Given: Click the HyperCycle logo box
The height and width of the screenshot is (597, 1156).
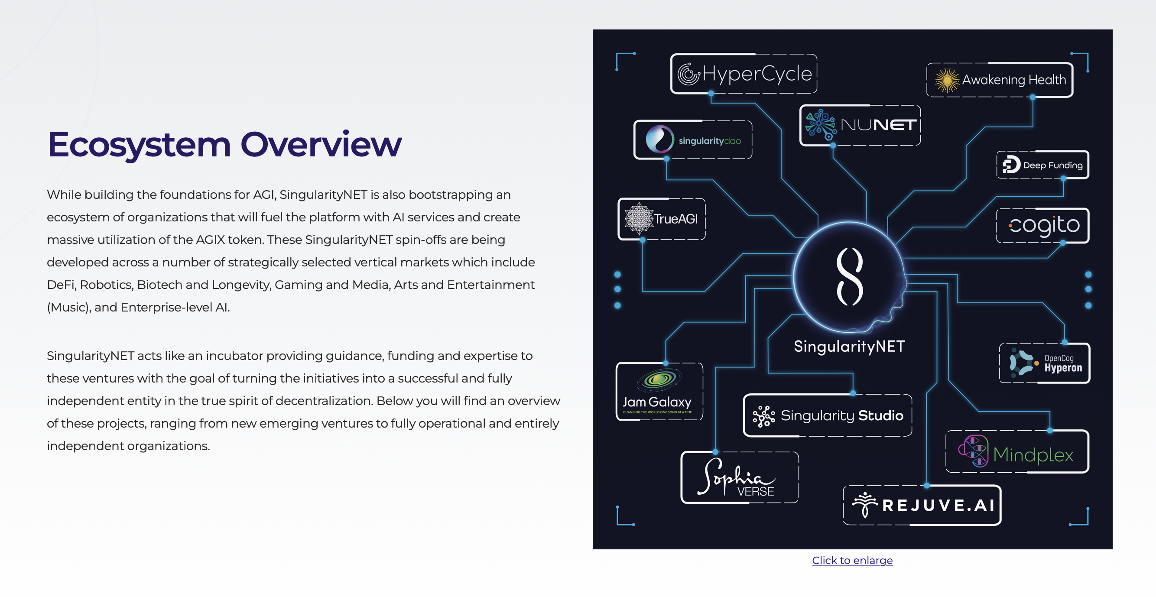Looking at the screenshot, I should coord(744,74).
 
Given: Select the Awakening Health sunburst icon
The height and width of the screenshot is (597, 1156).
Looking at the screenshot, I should coord(947,80).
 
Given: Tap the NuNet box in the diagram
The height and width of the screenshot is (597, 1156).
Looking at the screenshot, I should coord(860,125).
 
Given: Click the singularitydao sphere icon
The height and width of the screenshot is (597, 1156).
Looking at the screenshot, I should coord(659,139).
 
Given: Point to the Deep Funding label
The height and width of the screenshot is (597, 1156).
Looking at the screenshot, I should coord(1052,165).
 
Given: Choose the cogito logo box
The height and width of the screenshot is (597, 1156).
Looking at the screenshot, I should coord(1042,225).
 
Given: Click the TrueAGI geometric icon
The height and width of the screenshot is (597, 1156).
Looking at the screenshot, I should coord(639,219).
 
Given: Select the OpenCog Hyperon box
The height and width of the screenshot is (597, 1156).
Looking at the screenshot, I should coord(1044,363).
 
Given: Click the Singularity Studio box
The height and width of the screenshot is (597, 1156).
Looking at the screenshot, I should coord(828,415).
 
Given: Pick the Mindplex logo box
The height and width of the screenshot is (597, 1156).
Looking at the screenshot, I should coord(1017,452).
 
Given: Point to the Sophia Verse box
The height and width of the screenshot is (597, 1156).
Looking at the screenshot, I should coord(739,477).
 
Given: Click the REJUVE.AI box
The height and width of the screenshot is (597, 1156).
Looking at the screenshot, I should coord(922,505).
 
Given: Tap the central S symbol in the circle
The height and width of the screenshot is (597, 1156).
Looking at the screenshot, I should coord(850,276).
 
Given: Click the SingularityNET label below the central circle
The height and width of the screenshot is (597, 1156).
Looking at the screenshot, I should coord(849,347).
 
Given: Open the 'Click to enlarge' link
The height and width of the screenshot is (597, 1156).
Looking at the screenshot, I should coord(852,560).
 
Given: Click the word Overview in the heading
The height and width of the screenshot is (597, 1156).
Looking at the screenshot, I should coord(321,145).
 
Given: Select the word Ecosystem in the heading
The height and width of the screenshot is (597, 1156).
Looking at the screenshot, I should coord(139,145).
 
